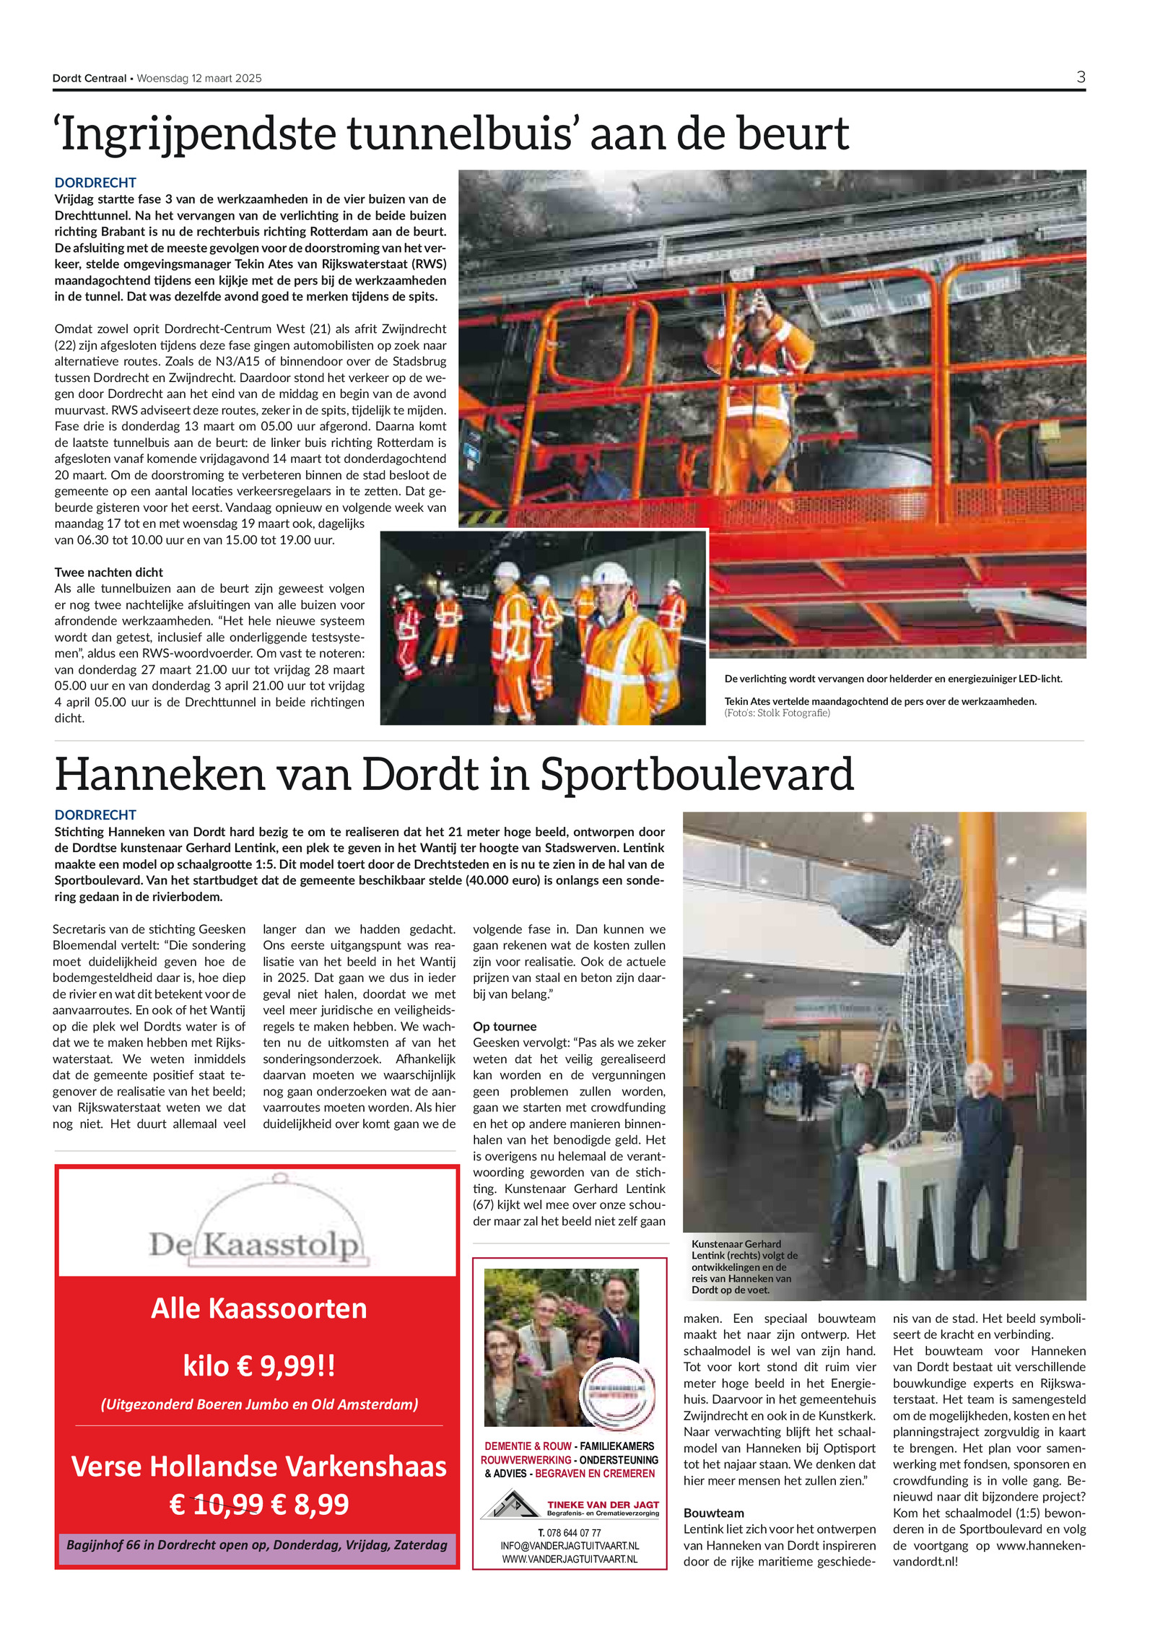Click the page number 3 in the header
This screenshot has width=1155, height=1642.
click(x=1080, y=77)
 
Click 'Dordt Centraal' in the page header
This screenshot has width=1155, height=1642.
click(x=89, y=79)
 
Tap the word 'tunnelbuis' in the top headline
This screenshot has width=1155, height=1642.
click(x=461, y=134)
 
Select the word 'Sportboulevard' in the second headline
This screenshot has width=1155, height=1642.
click(x=697, y=774)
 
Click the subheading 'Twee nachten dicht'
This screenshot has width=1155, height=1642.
click(x=108, y=572)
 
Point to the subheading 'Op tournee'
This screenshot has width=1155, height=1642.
click(x=505, y=1026)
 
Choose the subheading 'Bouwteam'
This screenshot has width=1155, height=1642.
click(x=713, y=1513)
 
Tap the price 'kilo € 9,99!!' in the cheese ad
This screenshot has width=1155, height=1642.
click(x=258, y=1365)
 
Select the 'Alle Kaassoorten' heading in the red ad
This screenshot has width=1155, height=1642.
click(x=258, y=1308)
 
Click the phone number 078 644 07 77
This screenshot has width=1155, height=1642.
click(x=573, y=1532)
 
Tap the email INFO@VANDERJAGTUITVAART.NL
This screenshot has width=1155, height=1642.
click(x=570, y=1546)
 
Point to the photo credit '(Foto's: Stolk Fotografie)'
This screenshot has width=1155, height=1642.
click(x=777, y=713)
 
